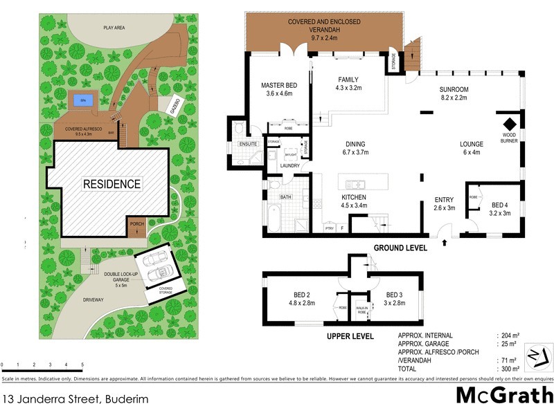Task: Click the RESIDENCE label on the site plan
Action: tap(111, 184)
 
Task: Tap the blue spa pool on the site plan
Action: tap(83, 100)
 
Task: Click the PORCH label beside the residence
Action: tap(136, 223)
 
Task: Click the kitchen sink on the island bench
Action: tap(355, 184)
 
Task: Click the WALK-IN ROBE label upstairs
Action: tap(361, 311)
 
